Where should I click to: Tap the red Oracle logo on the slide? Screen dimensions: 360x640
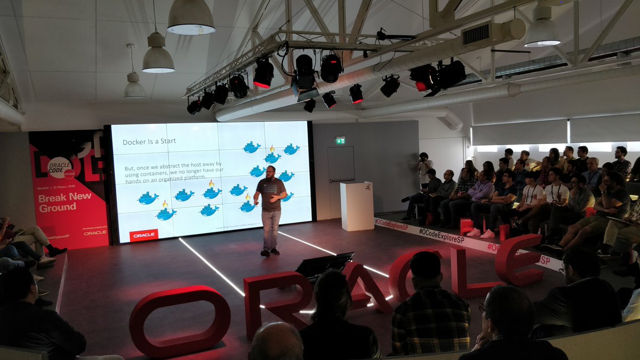[143, 235]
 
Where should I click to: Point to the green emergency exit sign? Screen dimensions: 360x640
[340, 140]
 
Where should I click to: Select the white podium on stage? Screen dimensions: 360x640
[357, 206]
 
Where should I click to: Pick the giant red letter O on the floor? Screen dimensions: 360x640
[180, 321]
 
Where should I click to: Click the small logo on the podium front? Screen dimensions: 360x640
[367, 187]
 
